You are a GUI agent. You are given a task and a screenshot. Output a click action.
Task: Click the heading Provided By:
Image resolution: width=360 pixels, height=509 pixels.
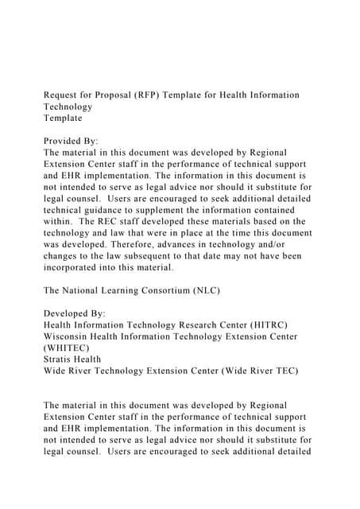[x=71, y=140]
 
